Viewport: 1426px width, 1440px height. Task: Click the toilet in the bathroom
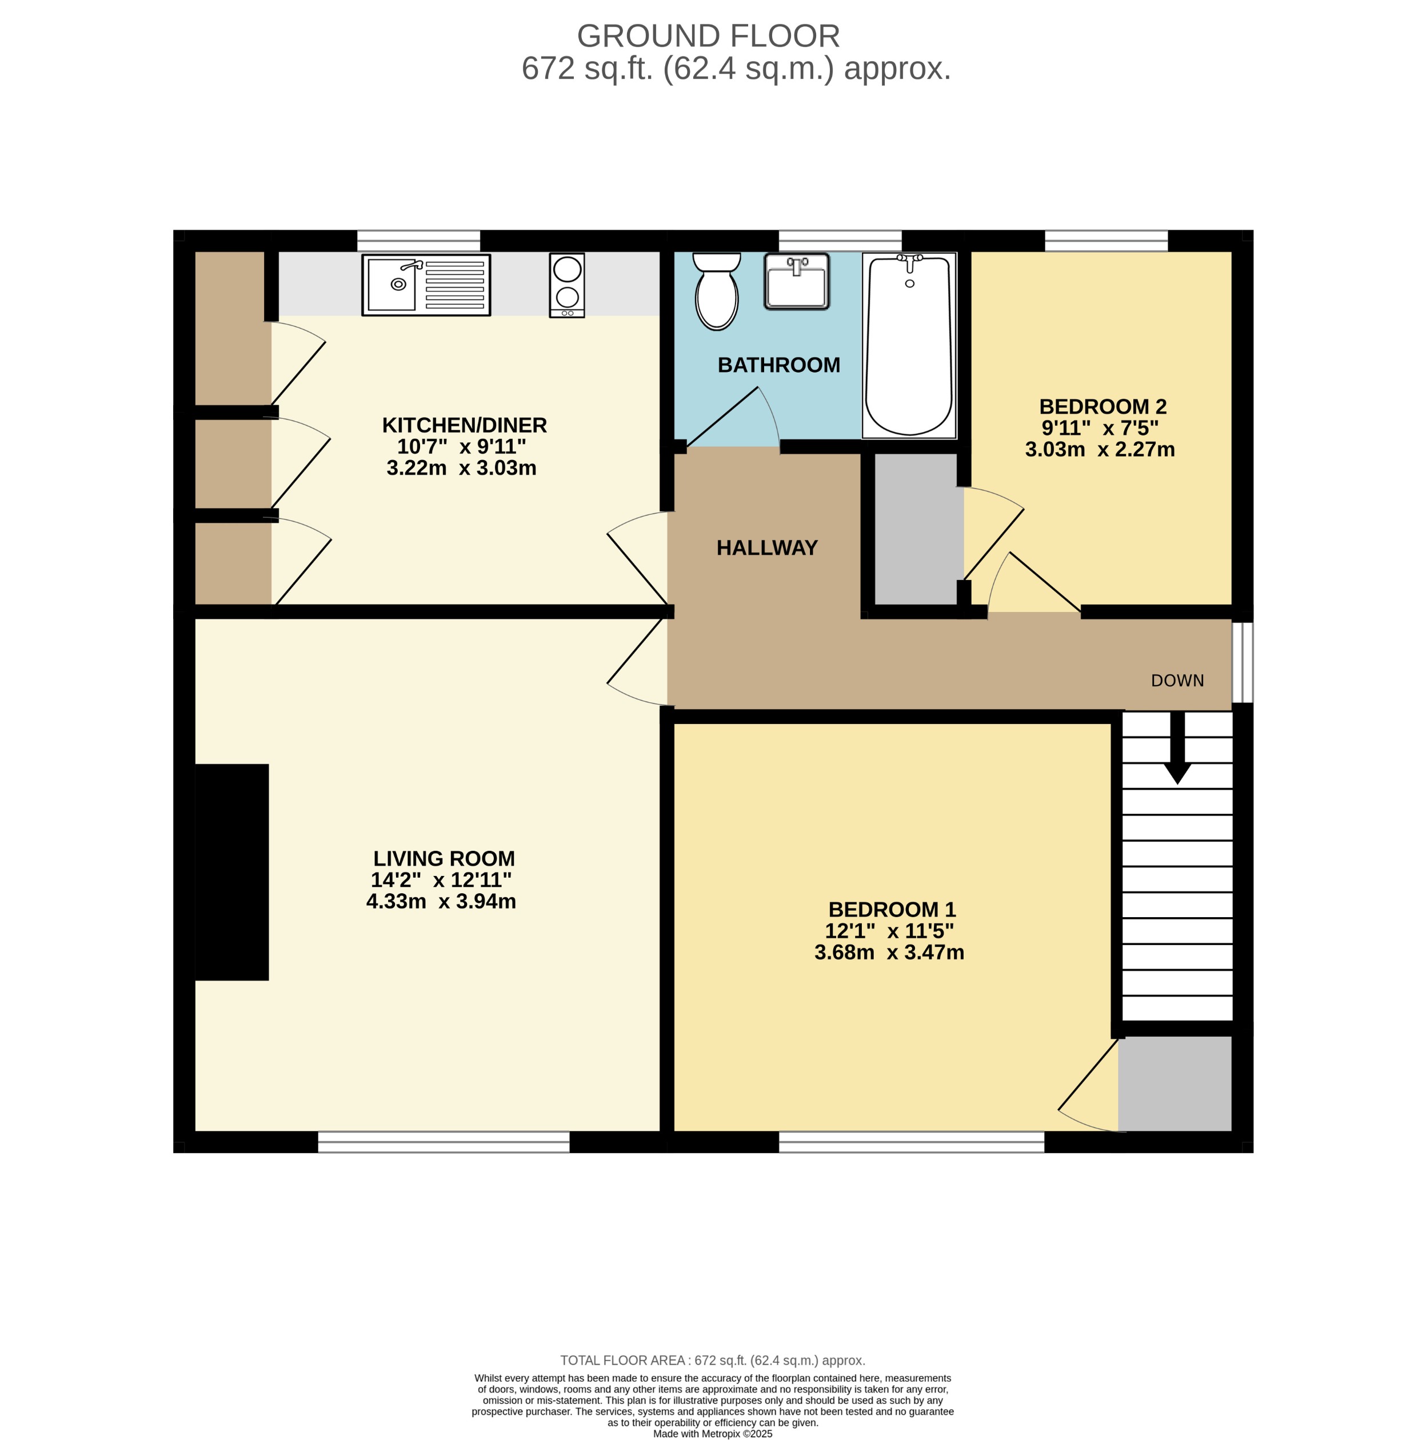pyautogui.click(x=716, y=291)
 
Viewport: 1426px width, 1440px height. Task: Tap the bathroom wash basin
pyautogui.click(x=796, y=282)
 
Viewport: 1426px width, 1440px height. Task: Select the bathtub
pyautogui.click(x=909, y=345)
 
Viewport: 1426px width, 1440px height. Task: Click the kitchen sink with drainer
pyautogui.click(x=426, y=285)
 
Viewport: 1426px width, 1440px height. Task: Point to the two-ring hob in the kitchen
pyautogui.click(x=566, y=285)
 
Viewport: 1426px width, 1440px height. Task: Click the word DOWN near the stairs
pyautogui.click(x=1177, y=681)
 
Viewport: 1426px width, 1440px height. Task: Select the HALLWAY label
pyautogui.click(x=766, y=548)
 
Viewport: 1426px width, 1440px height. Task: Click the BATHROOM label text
pyautogui.click(x=778, y=365)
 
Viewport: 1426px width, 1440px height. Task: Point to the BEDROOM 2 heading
pyautogui.click(x=1102, y=407)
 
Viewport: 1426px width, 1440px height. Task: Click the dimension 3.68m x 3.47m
pyautogui.click(x=889, y=953)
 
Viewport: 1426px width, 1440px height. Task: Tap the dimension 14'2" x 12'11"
pyautogui.click(x=441, y=879)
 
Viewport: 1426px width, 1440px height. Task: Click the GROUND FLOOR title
pyautogui.click(x=708, y=36)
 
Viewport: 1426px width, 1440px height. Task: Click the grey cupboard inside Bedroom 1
pyautogui.click(x=1174, y=1085)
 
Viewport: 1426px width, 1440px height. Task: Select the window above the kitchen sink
pyautogui.click(x=418, y=241)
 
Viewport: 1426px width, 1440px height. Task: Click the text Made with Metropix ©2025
pyautogui.click(x=712, y=1433)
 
